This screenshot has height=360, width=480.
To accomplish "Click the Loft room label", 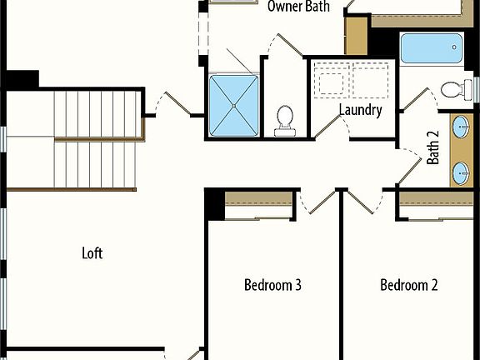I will (x=92, y=252).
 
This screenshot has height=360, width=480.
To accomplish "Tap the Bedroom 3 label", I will (x=272, y=285).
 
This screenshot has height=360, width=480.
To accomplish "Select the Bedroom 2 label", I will (x=409, y=285).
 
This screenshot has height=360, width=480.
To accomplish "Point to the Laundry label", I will (x=360, y=110).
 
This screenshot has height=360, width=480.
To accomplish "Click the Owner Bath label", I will (x=298, y=7).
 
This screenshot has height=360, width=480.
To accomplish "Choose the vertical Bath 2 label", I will (x=433, y=150).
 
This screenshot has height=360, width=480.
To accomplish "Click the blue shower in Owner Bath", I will (x=234, y=105).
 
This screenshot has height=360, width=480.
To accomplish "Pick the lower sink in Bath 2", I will (x=461, y=172).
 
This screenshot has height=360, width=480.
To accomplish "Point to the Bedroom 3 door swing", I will (x=314, y=202).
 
